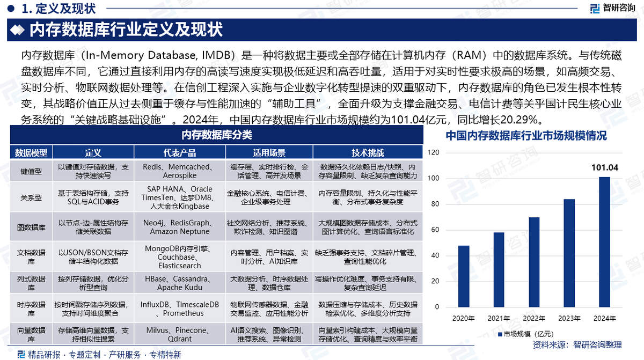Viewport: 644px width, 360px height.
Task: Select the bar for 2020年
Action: (464, 276)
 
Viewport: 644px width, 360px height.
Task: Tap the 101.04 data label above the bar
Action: (604, 167)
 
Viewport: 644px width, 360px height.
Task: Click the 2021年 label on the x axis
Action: (499, 318)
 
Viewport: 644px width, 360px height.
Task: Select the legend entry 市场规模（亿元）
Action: (523, 334)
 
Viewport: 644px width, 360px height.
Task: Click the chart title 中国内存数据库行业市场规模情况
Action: (526, 136)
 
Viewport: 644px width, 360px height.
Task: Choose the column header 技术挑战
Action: (368, 152)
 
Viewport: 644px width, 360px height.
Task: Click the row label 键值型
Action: (31, 171)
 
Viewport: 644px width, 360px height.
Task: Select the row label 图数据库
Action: (31, 227)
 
